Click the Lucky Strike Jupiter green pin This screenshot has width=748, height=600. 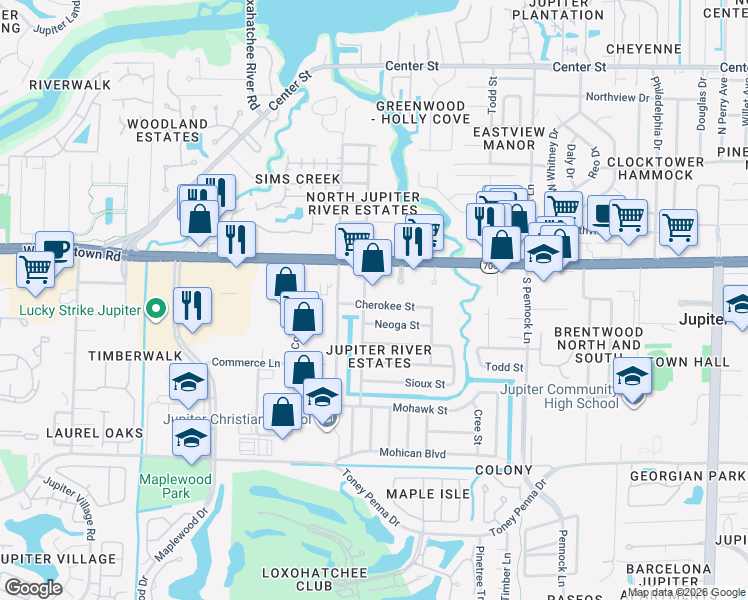click(x=155, y=310)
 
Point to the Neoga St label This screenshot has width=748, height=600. click(x=397, y=325)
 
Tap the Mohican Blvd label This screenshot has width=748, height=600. click(x=412, y=454)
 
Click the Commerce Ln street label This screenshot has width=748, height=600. click(x=244, y=363)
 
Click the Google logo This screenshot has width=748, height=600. click(x=33, y=588)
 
